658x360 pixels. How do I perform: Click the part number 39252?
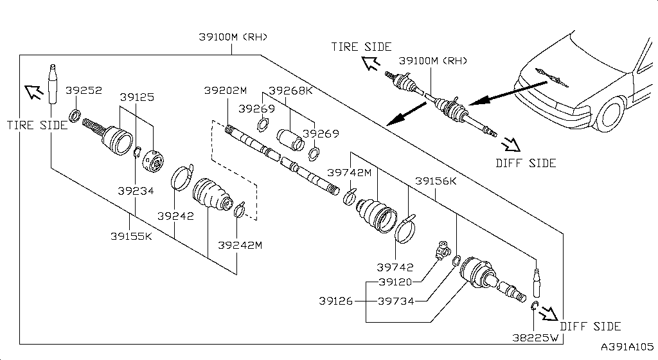(84, 91)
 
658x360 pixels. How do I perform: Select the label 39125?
(137, 97)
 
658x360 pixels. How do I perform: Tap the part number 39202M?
(226, 91)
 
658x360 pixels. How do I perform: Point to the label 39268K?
(290, 91)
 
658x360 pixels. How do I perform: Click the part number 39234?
(136, 191)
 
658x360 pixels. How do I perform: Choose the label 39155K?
(130, 236)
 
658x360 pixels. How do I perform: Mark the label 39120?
(395, 282)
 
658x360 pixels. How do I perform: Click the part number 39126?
(336, 301)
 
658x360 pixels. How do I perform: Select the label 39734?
(395, 301)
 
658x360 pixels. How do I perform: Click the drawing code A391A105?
(628, 347)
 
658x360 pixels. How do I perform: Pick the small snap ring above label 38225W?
(534, 305)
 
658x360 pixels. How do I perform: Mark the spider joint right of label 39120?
(442, 249)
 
